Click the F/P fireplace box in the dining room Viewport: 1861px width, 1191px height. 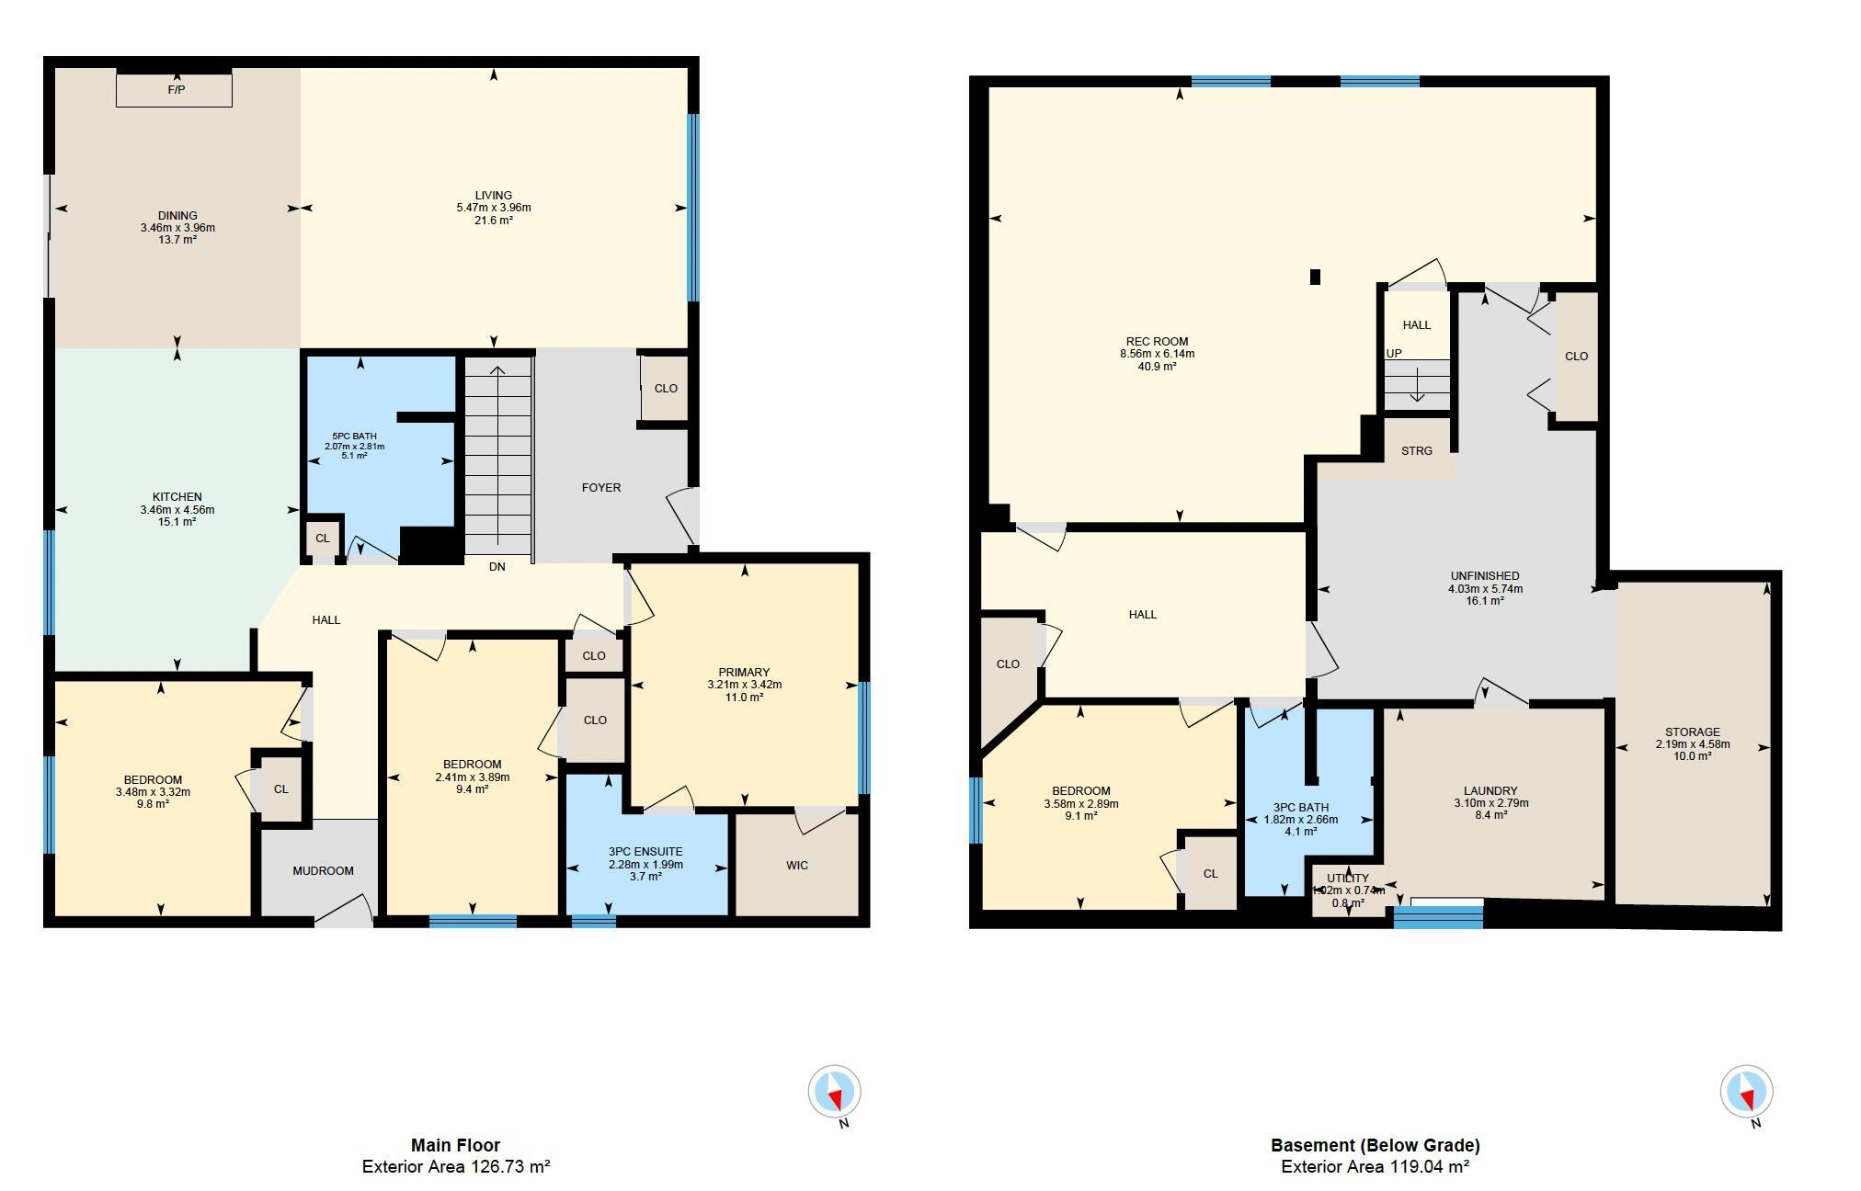(174, 90)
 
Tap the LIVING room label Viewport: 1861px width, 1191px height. (494, 195)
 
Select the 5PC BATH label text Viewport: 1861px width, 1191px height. (354, 437)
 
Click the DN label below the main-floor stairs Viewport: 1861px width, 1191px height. (497, 567)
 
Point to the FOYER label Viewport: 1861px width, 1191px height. (601, 487)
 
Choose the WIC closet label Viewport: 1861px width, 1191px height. (797, 865)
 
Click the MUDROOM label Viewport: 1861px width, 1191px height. (323, 870)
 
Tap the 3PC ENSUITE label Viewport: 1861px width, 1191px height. (645, 852)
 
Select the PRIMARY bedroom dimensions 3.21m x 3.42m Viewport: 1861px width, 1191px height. (744, 685)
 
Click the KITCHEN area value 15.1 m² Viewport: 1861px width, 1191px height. (177, 522)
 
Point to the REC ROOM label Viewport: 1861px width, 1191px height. (1157, 341)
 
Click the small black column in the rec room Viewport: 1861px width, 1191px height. (1315, 277)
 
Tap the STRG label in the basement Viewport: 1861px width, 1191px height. (1416, 450)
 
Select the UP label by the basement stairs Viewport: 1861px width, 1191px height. (1394, 353)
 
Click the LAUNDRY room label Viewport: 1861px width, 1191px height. (1490, 790)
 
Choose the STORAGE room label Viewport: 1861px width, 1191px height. (1693, 732)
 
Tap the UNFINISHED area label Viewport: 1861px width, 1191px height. (1485, 576)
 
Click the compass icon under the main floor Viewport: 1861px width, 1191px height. (834, 1092)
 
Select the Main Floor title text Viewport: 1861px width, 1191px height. (455, 1145)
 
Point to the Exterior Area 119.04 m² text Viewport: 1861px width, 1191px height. (1375, 1167)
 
